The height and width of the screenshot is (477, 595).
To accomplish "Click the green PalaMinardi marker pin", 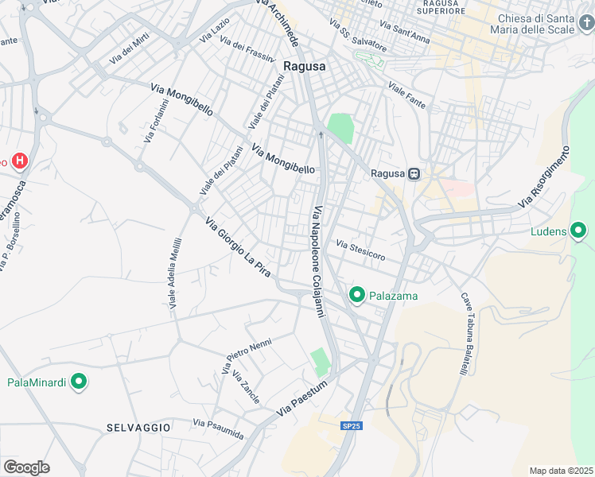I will click(x=78, y=382).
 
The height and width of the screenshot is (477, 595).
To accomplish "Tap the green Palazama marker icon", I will click(x=357, y=296).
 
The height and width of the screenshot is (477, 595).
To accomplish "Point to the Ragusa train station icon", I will click(x=414, y=173).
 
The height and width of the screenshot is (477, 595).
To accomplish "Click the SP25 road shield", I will click(x=351, y=426).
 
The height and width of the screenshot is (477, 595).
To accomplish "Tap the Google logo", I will click(x=26, y=467).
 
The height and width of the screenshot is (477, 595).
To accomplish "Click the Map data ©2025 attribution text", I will click(x=560, y=471).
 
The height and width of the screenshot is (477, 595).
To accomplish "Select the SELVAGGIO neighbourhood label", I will click(x=138, y=428).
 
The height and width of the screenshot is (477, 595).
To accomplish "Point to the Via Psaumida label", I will click(x=217, y=429).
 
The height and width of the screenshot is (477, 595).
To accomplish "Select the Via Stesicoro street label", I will click(x=360, y=250).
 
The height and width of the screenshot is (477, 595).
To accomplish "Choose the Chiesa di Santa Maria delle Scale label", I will click(x=546, y=25).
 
